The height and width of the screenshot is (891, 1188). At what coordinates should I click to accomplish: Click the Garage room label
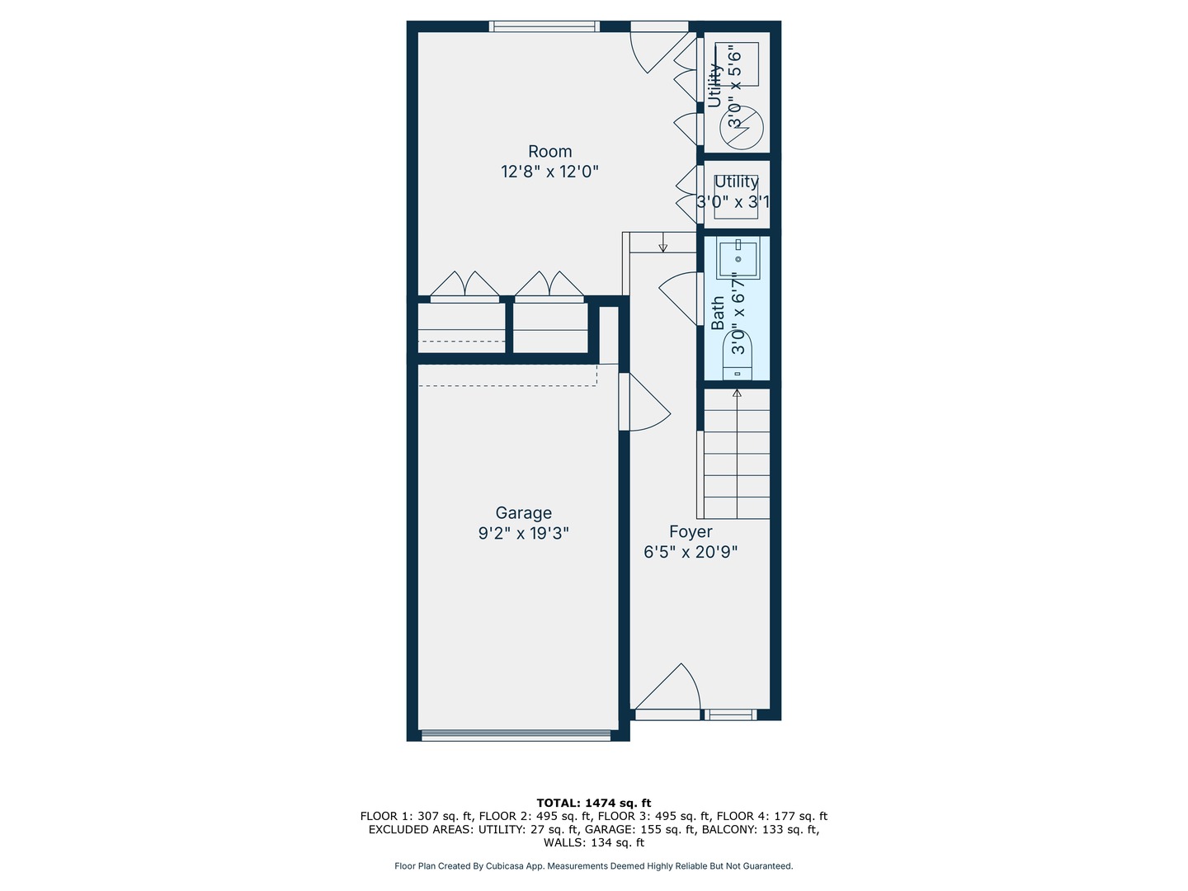523,513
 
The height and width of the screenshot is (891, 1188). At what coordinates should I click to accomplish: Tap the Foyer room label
691,532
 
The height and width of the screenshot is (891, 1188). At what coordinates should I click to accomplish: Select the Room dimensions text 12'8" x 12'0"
549,172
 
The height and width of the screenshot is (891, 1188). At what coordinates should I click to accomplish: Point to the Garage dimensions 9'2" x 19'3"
523,534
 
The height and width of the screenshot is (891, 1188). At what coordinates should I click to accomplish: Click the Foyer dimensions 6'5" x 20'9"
691,552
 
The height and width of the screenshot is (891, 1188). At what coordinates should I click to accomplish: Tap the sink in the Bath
738,259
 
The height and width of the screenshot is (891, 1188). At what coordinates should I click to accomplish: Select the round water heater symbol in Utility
742,127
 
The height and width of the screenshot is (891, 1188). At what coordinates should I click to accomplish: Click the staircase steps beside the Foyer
736,454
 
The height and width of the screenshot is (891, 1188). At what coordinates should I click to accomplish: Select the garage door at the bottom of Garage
516,734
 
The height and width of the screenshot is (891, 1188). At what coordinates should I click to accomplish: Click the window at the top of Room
544,26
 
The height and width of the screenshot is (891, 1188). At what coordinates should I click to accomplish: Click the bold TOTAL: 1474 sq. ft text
593,803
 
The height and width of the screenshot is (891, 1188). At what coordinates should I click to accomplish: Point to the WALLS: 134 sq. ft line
593,843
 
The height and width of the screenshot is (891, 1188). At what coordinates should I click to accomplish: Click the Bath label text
718,313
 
